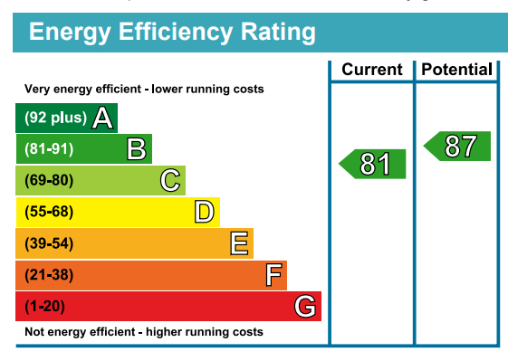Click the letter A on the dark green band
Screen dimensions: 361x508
[x=103, y=118]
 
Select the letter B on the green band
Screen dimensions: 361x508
[x=137, y=149]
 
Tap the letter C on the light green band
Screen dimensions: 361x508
[x=170, y=181]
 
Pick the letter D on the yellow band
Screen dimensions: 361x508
[x=205, y=213]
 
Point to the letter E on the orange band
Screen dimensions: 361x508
[x=239, y=243]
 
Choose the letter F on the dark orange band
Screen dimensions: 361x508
[x=273, y=275]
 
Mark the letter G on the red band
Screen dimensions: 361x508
[x=306, y=307]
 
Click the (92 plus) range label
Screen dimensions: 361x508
[x=55, y=118]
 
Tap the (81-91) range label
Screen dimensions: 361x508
[x=48, y=149]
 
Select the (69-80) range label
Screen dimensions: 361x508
[x=48, y=181]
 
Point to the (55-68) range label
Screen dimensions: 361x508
[x=48, y=213]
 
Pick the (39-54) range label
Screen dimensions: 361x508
[x=48, y=243]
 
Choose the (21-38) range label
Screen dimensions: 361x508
[x=48, y=275]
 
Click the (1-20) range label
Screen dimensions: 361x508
[x=44, y=307]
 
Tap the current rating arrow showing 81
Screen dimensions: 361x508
[x=373, y=164]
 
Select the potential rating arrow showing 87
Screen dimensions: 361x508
[x=458, y=147]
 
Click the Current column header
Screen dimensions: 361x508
[x=371, y=70]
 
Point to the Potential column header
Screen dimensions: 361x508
[x=457, y=70]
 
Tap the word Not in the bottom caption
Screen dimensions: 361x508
[x=34, y=332]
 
